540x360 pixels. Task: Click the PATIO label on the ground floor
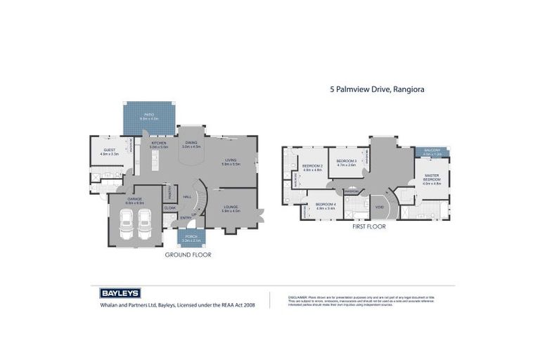(x=149, y=114)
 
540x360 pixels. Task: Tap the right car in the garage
(x=146, y=224)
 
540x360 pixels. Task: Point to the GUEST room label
(x=110, y=150)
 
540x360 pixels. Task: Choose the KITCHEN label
(x=160, y=143)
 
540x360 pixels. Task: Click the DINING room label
(x=191, y=143)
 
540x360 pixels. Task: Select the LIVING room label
(x=231, y=161)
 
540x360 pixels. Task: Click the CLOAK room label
(x=170, y=208)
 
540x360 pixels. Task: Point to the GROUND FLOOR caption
(x=188, y=255)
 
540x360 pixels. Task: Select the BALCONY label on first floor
(x=432, y=150)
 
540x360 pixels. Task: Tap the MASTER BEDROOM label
(x=432, y=177)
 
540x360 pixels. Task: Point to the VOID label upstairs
(x=379, y=207)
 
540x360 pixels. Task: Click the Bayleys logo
(x=117, y=293)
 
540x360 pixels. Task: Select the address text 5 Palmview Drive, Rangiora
(x=378, y=90)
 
